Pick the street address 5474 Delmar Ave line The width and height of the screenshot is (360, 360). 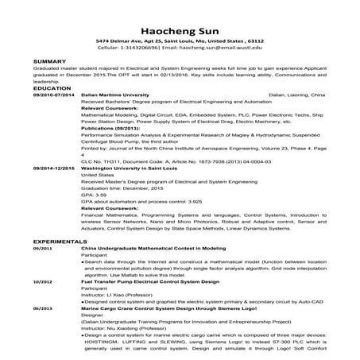pos(180,39)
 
